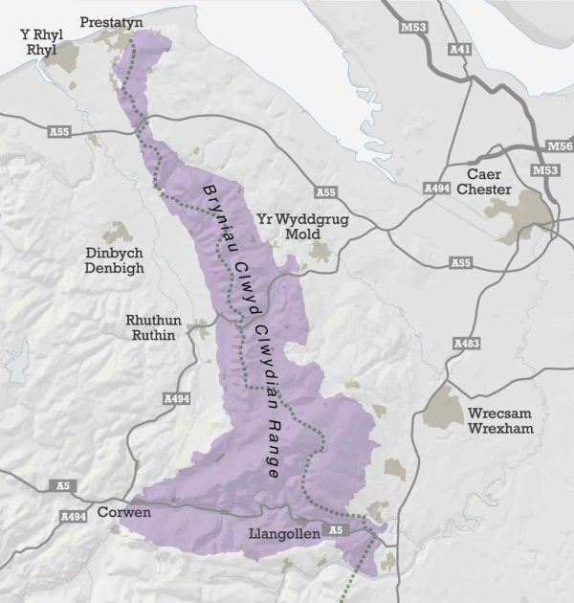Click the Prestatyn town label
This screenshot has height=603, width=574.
coord(107,21)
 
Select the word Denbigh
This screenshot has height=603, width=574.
coord(114,269)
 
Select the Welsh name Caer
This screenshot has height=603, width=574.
coord(484,174)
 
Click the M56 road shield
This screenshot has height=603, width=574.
coord(558,146)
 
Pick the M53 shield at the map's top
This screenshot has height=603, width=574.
coord(414,27)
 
